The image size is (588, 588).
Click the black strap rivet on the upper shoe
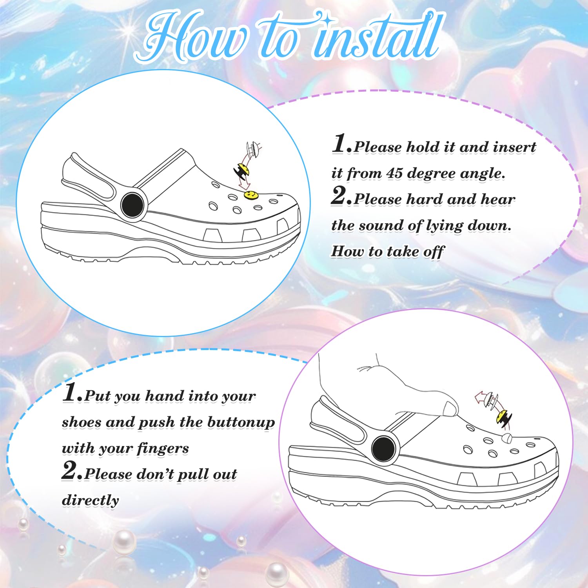click(x=132, y=205)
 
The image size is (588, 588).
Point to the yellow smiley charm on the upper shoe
click(x=251, y=194)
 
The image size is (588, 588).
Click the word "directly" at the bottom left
click(x=91, y=500)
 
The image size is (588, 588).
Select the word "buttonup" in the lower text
click(x=241, y=423)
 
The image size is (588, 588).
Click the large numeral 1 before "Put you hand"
click(x=70, y=392)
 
